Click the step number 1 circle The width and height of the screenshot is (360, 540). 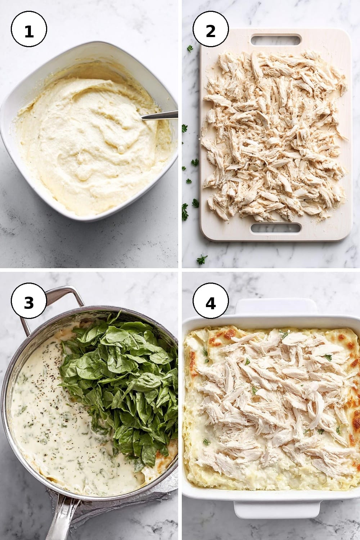click(29, 29)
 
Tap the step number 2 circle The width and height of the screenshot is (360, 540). click(211, 29)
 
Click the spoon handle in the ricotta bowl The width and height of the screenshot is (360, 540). click(159, 115)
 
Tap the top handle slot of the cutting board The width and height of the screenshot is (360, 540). click(276, 40)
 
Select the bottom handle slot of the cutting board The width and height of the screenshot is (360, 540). click(276, 228)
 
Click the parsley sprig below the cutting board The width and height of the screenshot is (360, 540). click(202, 260)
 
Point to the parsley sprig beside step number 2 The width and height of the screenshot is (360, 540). click(190, 49)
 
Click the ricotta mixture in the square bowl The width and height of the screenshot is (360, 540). click(92, 145)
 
